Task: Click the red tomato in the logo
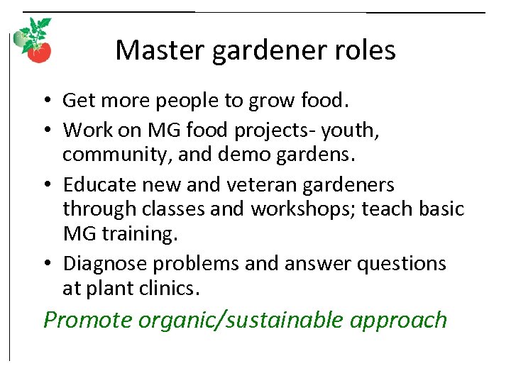coord(40,52)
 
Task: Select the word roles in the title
coord(366,50)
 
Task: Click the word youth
coord(353,131)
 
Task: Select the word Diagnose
coord(104,264)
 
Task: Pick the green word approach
coord(399,320)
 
